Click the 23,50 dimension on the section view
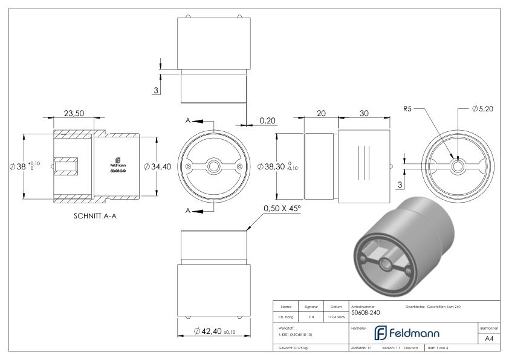click(74, 113)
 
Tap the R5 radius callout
click(408, 110)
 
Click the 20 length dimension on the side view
click(320, 113)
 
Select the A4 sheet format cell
click(490, 339)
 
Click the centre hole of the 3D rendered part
click(386, 264)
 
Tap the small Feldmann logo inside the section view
click(117, 162)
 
